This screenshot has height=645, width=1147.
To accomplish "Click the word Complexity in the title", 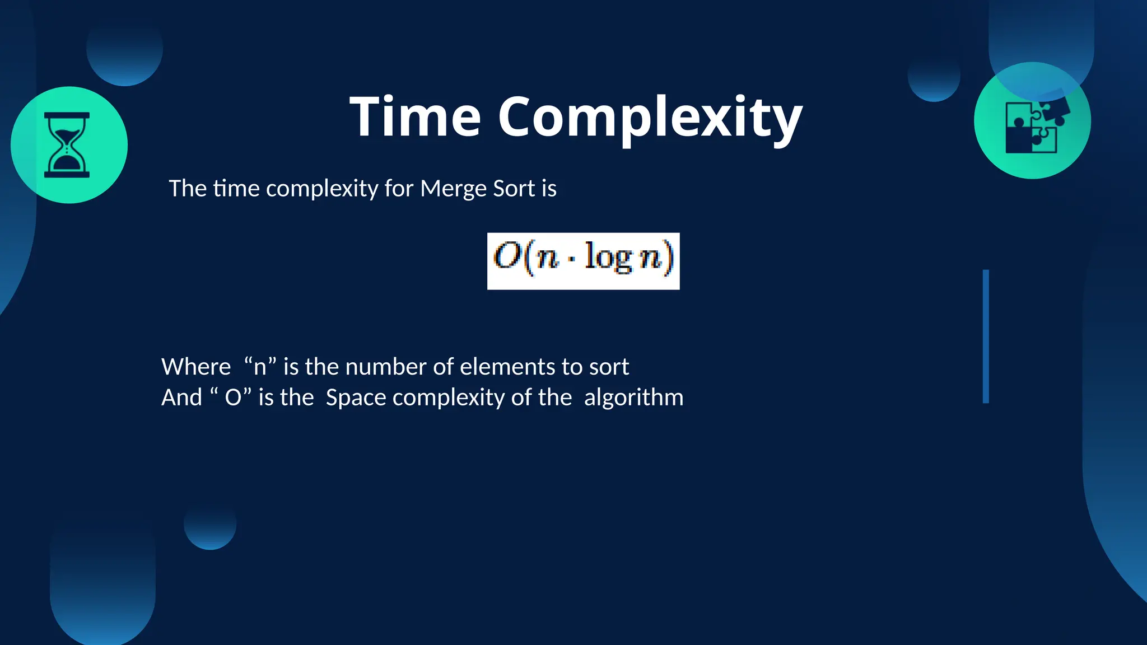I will click(650, 118).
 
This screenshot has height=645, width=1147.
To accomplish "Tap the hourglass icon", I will click(67, 145).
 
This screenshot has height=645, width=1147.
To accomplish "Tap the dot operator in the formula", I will click(571, 260).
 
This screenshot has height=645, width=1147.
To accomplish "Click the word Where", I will click(196, 367).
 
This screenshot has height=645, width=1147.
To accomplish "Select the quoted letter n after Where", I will click(260, 367).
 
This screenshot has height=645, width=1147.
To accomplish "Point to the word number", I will click(386, 367).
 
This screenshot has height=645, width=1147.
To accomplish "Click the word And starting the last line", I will click(181, 398).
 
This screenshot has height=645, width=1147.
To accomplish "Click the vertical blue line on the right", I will click(986, 336).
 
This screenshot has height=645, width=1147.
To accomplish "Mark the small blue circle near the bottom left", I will click(210, 524).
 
